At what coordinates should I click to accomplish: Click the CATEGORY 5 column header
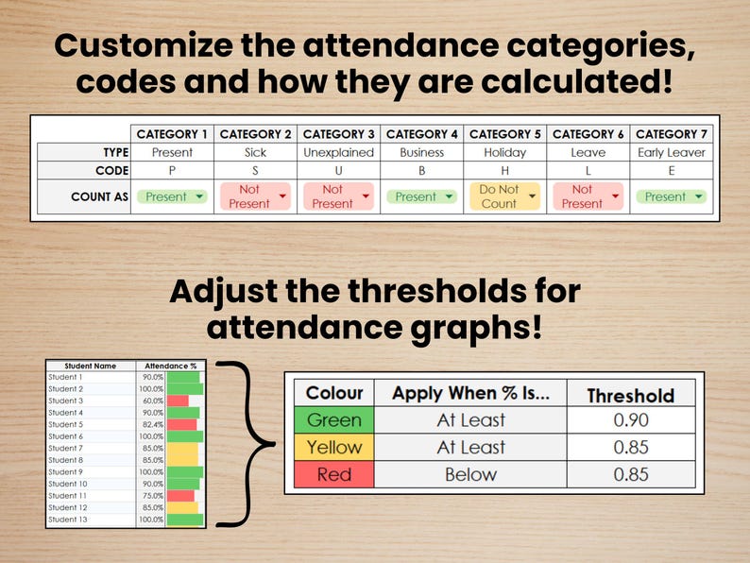coord(505,134)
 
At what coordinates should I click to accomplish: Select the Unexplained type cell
coord(338,152)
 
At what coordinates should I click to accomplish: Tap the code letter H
coord(505,171)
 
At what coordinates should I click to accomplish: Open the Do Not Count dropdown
coord(505,196)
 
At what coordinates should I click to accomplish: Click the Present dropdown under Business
coord(422,196)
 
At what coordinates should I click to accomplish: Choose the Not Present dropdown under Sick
coord(255,196)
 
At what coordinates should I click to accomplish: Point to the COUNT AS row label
coord(99,196)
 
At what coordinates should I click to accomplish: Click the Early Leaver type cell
coord(672,152)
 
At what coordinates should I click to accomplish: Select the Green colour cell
coord(334,420)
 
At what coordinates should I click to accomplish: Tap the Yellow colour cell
coord(334,448)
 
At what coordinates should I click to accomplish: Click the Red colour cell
coord(334,474)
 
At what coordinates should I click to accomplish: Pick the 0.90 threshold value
coord(631,420)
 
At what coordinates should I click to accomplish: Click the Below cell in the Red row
coord(470,474)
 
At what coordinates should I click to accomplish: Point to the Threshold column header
coord(631,395)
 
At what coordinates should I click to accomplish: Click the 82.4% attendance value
coord(152,424)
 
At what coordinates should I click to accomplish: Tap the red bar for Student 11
coord(180,496)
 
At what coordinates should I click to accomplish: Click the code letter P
coord(172,171)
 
